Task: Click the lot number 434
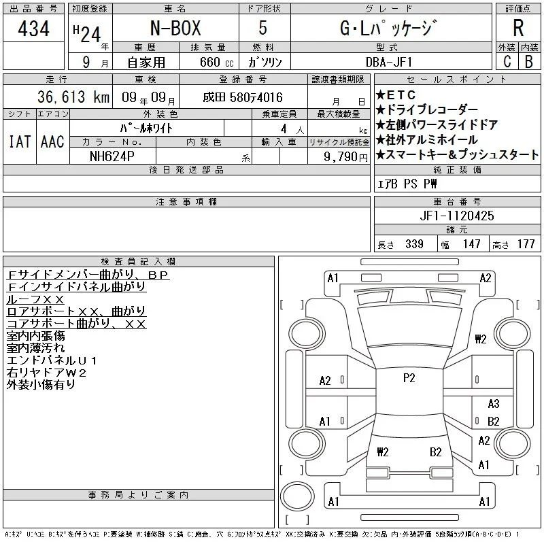point(33,28)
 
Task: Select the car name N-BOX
point(175,28)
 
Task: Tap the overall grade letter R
point(518,28)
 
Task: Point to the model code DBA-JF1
point(389,62)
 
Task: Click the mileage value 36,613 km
point(73,97)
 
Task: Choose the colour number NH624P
point(112,156)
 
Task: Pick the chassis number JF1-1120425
point(457,216)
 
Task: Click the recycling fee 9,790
point(341,156)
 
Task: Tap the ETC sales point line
point(396,95)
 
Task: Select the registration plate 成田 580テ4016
point(243,97)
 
